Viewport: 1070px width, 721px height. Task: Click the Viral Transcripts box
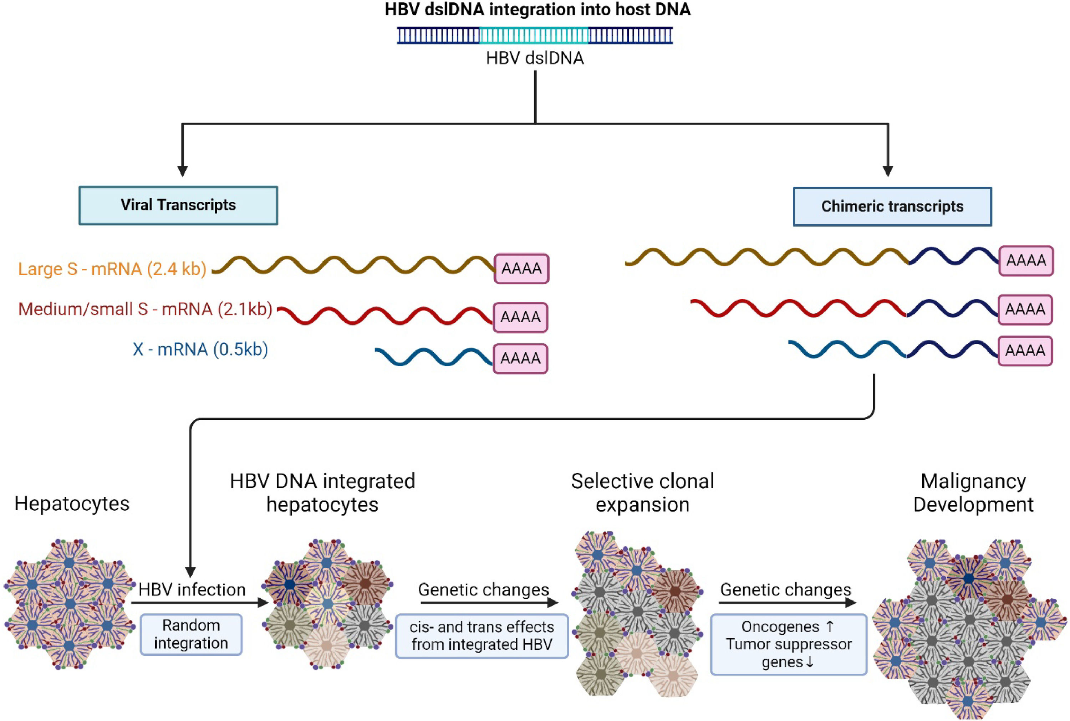click(178, 205)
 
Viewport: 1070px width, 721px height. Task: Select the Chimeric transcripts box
click(892, 206)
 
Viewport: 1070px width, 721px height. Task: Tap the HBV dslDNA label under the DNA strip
click(535, 58)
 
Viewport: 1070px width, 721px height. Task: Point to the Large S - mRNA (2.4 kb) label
click(112, 269)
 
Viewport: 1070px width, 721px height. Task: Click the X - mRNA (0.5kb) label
click(200, 349)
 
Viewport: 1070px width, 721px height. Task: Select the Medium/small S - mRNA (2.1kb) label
click(145, 309)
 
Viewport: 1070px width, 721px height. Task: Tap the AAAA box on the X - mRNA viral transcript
click(520, 358)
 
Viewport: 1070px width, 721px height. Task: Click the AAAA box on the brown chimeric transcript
click(1026, 261)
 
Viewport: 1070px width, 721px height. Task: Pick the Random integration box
click(191, 634)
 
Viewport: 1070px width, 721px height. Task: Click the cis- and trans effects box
click(481, 636)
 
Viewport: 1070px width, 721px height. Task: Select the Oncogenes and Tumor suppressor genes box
click(788, 644)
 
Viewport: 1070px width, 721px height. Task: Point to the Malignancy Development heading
click(973, 493)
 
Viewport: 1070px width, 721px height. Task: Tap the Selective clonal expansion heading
click(642, 493)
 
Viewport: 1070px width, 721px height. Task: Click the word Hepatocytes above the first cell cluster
click(72, 504)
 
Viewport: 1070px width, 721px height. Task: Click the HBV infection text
click(192, 589)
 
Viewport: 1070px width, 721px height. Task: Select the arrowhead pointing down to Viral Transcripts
click(183, 171)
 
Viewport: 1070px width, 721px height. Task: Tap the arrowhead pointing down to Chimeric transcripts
click(888, 171)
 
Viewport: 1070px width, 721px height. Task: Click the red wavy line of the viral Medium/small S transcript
click(386, 316)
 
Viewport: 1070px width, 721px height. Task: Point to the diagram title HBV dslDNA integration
click(537, 10)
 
